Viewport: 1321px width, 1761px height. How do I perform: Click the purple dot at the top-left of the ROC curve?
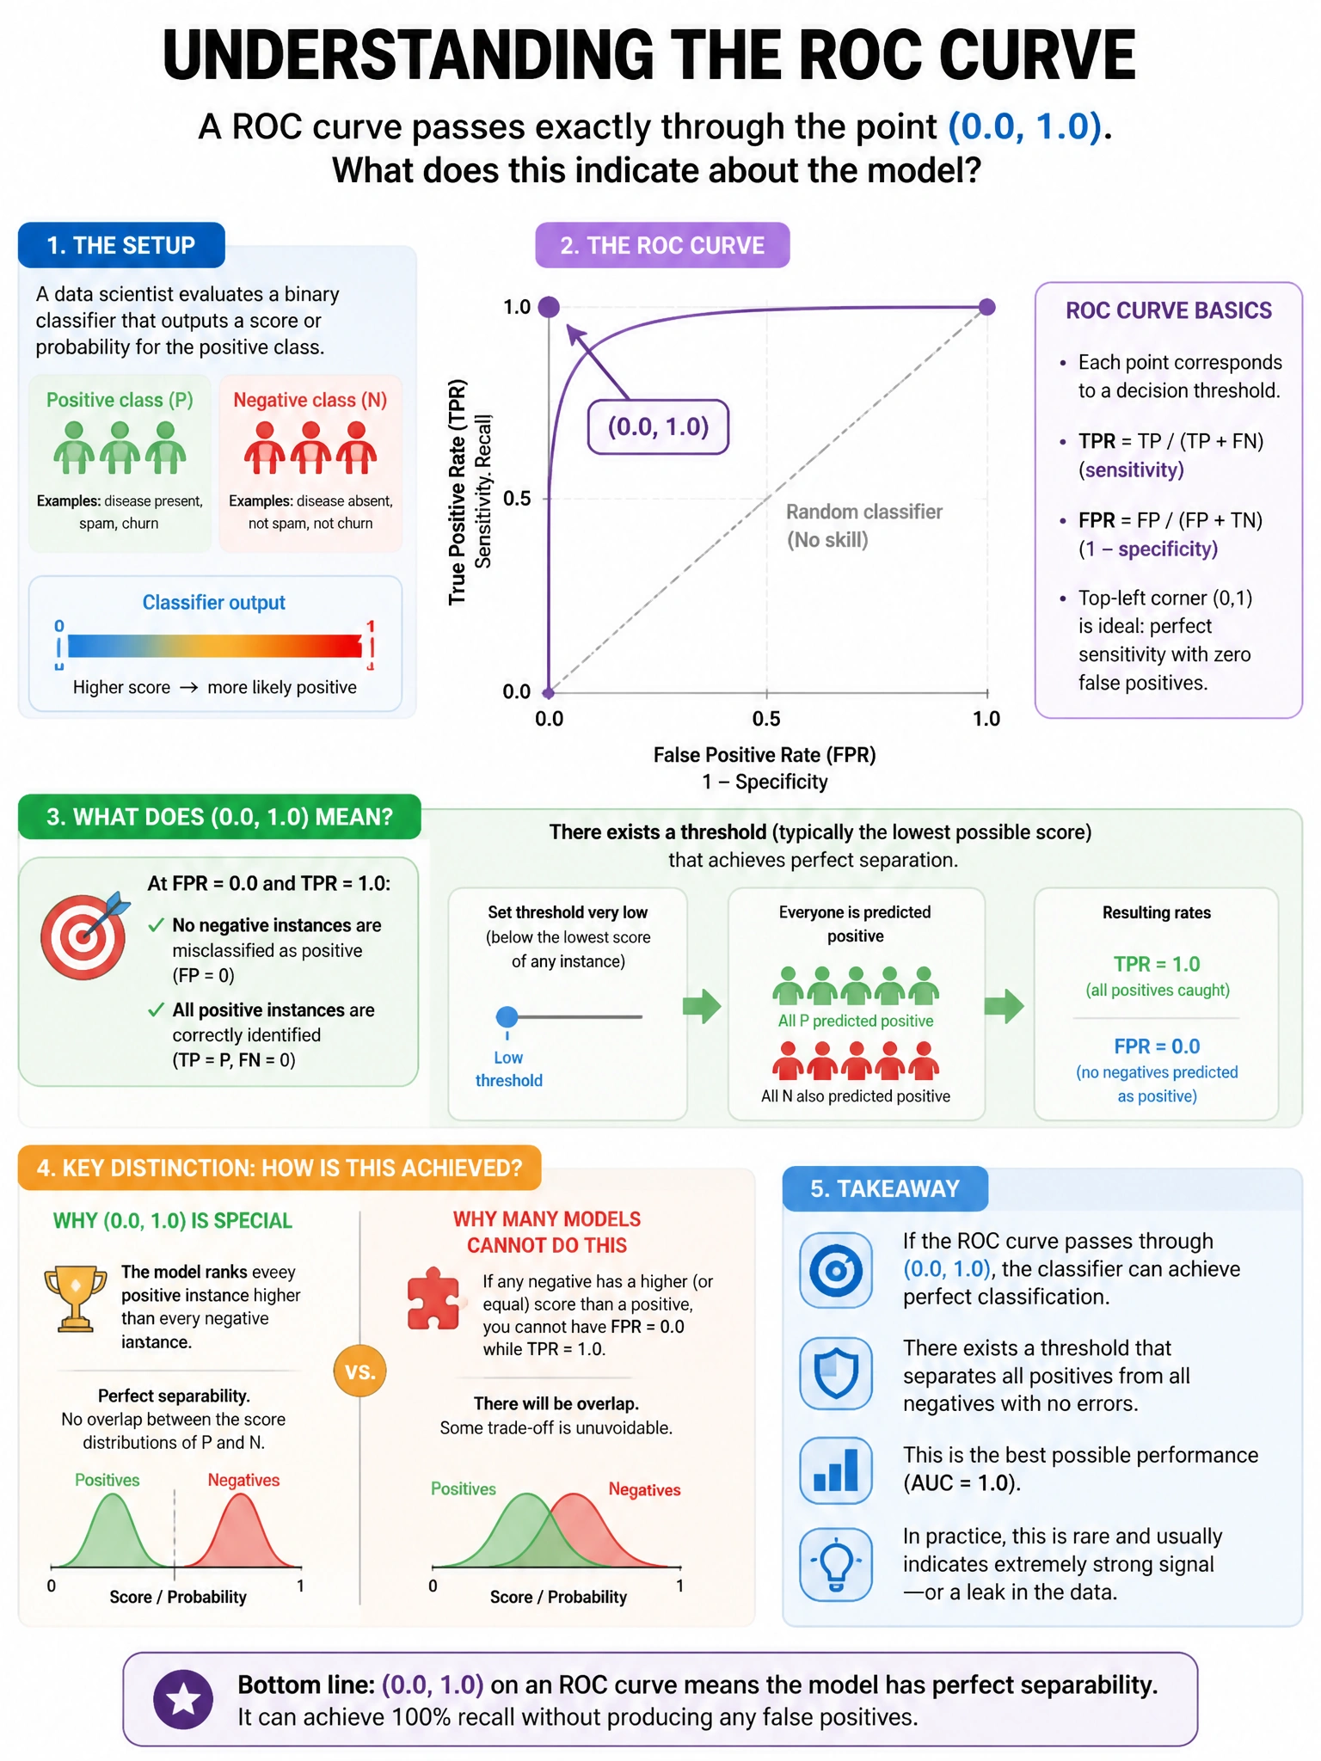coord(549,307)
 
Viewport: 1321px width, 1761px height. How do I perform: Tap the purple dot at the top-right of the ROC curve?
coord(987,307)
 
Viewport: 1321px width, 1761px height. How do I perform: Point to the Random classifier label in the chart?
coord(863,525)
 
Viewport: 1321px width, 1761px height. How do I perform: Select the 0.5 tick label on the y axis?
coord(517,499)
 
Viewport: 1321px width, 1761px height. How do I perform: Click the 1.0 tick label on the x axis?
coord(986,719)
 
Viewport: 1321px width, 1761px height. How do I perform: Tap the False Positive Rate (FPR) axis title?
coord(765,755)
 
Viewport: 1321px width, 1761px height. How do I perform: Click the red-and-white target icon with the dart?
coord(85,936)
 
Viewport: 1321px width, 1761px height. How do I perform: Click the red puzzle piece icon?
coord(433,1298)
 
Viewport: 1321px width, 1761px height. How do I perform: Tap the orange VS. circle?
coord(359,1371)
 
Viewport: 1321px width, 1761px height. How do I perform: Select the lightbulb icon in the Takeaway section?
coord(836,1564)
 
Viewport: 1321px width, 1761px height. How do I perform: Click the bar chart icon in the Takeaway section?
coord(836,1469)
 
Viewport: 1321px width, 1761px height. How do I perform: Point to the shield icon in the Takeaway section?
coord(836,1373)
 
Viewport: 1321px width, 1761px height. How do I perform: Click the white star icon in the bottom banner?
coord(183,1699)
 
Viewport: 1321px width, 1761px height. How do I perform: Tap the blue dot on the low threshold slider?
coord(507,1017)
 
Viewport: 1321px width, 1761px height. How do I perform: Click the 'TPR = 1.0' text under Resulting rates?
coord(1157,964)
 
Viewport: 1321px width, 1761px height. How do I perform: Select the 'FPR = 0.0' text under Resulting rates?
coord(1157,1046)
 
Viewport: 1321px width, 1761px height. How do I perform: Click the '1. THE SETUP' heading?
coord(121,246)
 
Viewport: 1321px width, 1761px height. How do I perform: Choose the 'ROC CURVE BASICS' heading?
coord(1169,310)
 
